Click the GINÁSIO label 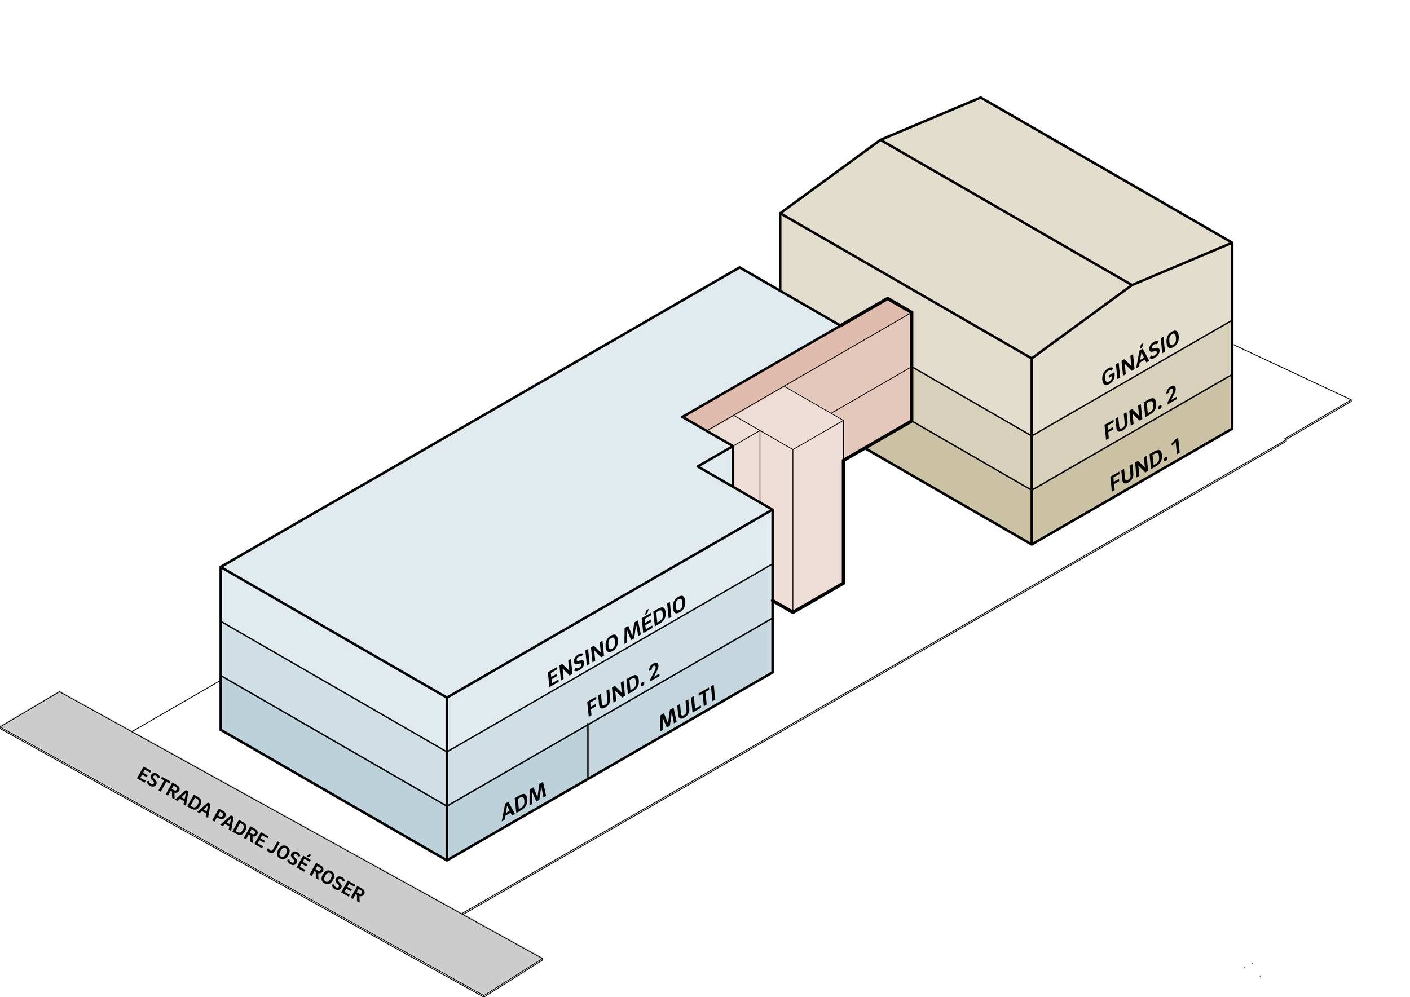click(x=1140, y=358)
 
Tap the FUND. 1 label click(x=1145, y=465)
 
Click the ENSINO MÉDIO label click(x=616, y=641)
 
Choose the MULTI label click(x=687, y=708)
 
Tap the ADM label click(x=523, y=802)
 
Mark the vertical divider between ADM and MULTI click(x=588, y=750)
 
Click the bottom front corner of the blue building click(x=447, y=857)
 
